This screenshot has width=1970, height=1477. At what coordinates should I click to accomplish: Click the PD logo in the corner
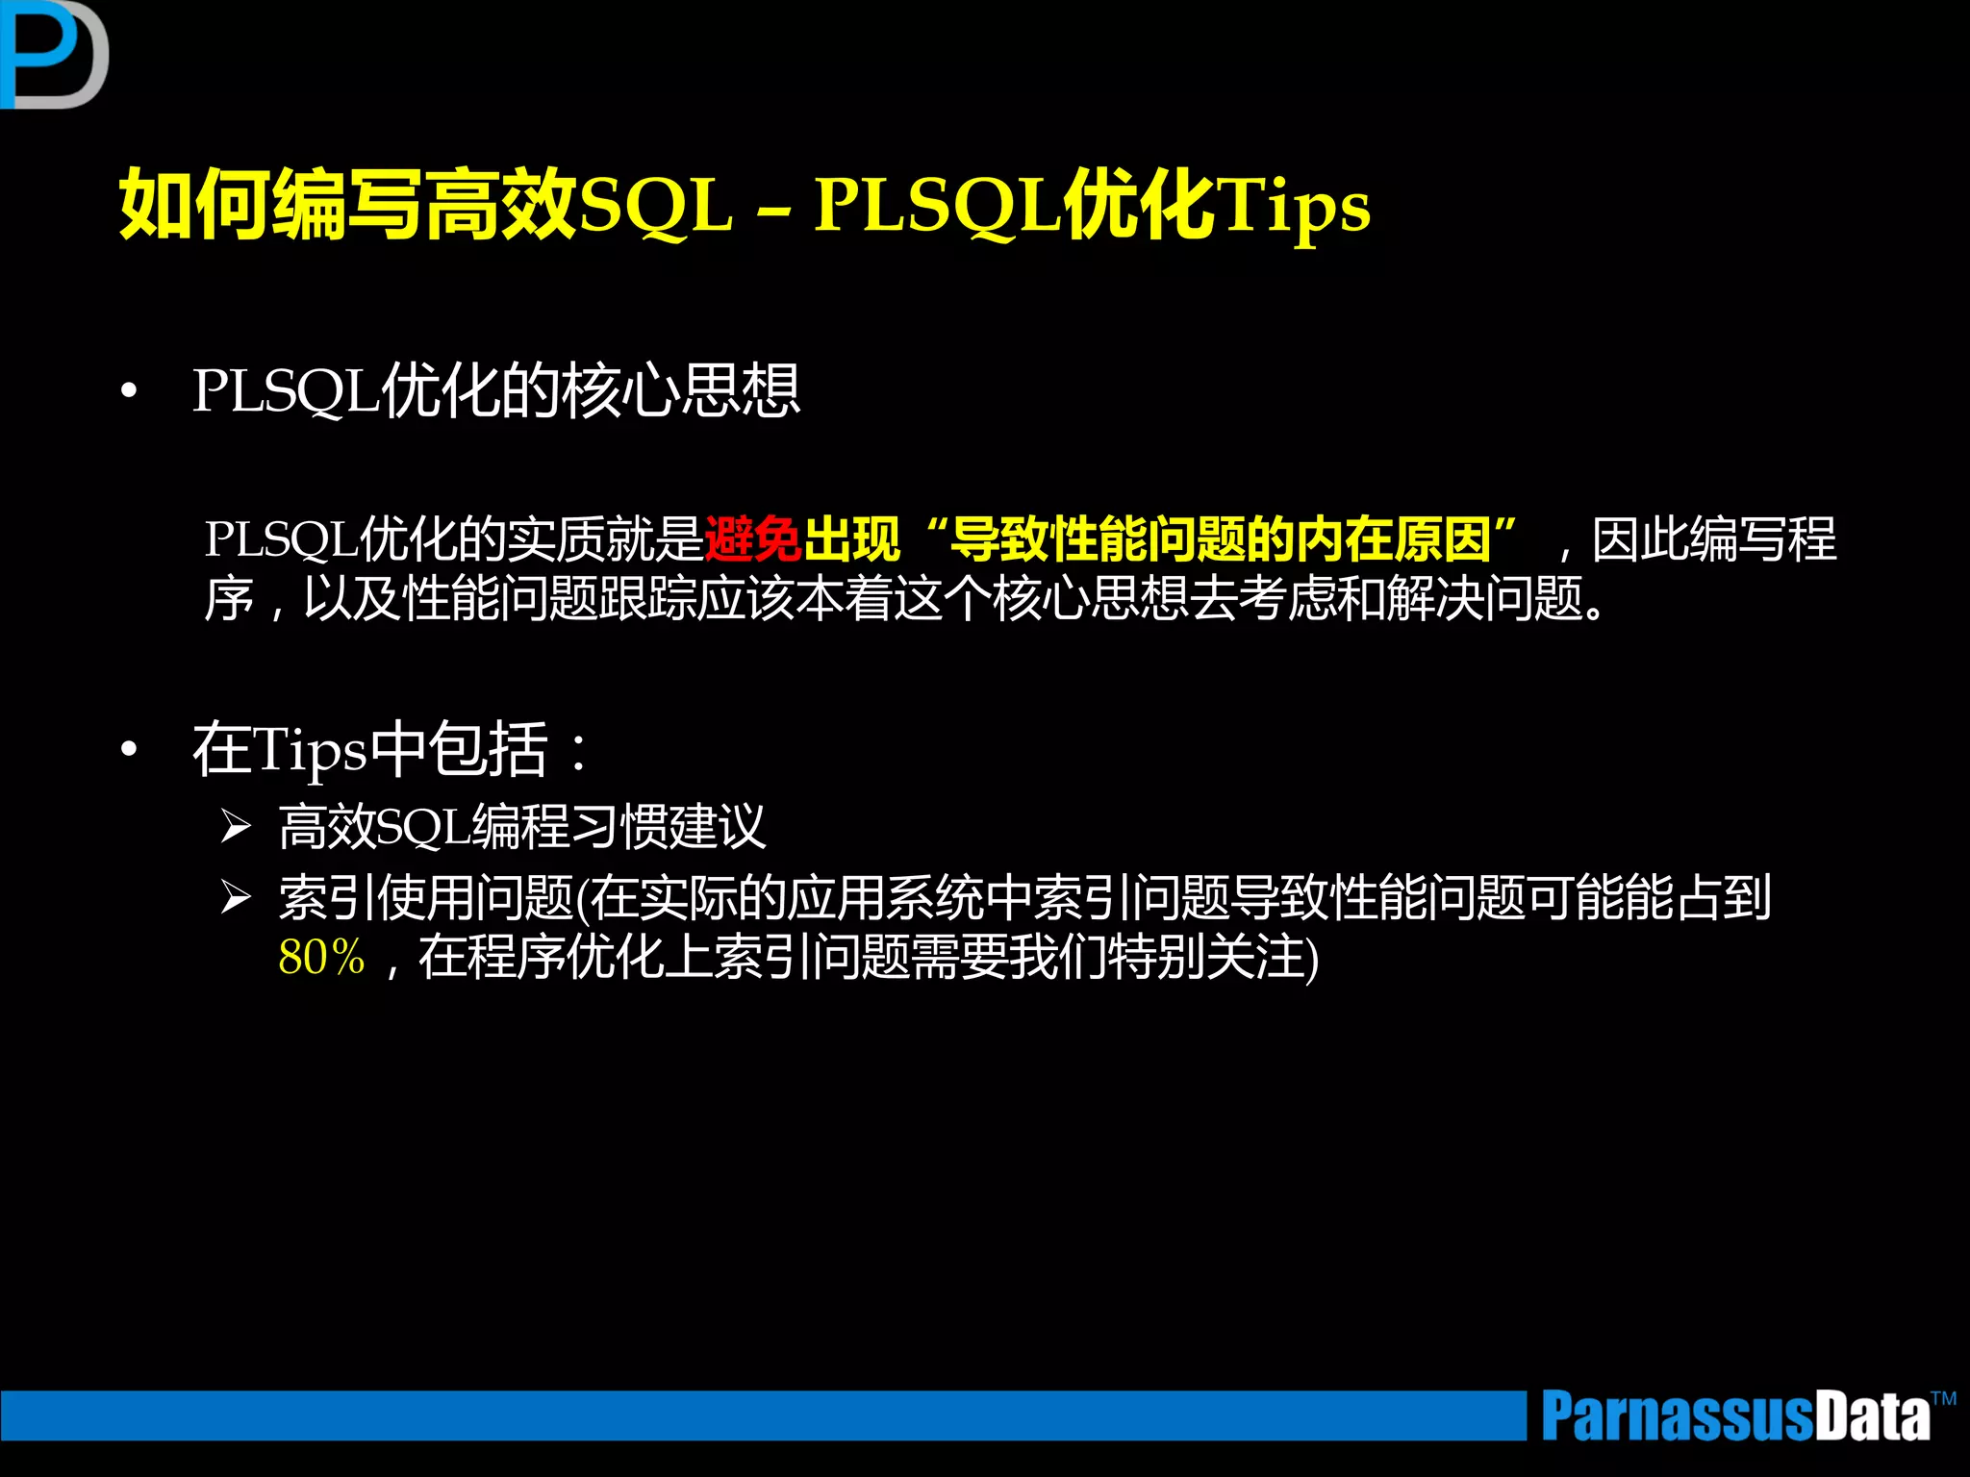(x=53, y=54)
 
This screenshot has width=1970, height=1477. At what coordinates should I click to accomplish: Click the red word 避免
(x=753, y=539)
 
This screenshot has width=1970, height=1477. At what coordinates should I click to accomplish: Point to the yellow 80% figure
(x=321, y=958)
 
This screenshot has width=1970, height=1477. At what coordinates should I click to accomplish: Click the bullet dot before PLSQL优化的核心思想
(x=129, y=392)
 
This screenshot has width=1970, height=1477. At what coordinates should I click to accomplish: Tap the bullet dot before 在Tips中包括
(x=129, y=751)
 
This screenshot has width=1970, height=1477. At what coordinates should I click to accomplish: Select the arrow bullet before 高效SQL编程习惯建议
(x=236, y=826)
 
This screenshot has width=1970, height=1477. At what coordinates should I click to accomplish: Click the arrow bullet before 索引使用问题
(x=236, y=897)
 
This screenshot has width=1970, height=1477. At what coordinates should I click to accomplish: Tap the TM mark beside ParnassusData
(x=1943, y=1398)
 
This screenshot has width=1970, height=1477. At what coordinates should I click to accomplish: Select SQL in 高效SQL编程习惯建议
(x=422, y=827)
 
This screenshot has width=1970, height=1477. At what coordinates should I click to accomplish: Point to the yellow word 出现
(x=852, y=539)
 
